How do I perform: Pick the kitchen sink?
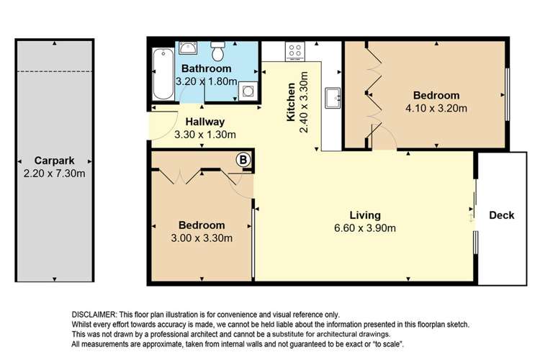click(x=333, y=96)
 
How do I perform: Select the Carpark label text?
click(x=54, y=160)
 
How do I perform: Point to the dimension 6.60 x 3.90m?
click(x=365, y=229)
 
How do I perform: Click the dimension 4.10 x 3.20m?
click(x=436, y=109)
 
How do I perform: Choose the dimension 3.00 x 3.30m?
click(x=202, y=238)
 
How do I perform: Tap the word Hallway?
click(x=205, y=122)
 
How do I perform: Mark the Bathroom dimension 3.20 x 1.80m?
click(x=207, y=81)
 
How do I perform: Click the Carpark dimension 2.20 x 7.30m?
click(x=54, y=173)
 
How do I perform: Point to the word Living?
click(x=365, y=215)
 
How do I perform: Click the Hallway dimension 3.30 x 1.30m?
click(x=205, y=134)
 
